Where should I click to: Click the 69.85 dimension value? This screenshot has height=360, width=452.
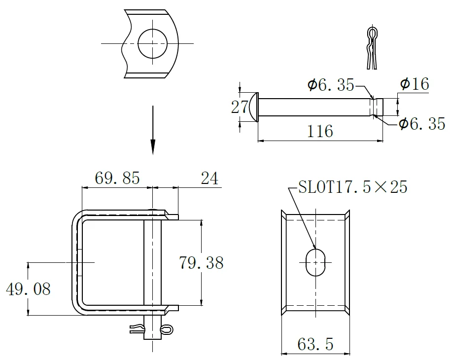click(117, 178)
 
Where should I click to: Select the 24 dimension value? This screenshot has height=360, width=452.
click(209, 178)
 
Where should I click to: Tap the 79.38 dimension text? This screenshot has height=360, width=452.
click(201, 263)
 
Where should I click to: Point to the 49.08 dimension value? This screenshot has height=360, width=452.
click(28, 289)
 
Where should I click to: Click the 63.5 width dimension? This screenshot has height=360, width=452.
click(315, 344)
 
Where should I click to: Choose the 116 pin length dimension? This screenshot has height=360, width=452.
click(320, 131)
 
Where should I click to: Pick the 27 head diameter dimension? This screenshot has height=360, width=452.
click(239, 107)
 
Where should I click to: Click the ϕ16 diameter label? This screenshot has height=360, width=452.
click(415, 84)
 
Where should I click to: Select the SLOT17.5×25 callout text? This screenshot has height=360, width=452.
click(352, 186)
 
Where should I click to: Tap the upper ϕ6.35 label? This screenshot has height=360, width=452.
click(331, 84)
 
